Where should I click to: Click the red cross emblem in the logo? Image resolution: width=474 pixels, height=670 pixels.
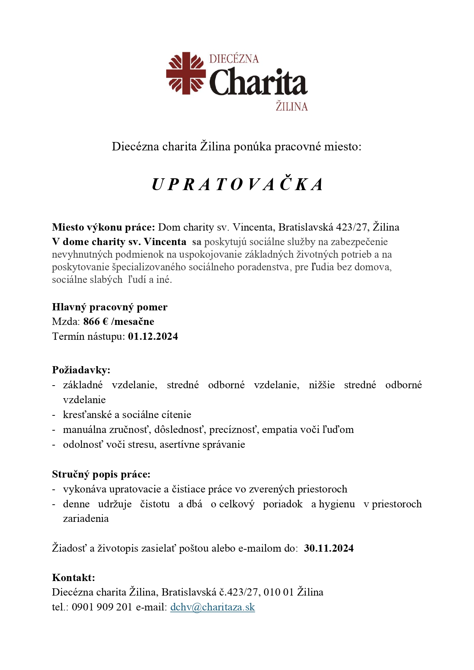click(x=186, y=73)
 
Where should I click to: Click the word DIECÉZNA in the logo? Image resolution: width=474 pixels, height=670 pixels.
click(x=234, y=59)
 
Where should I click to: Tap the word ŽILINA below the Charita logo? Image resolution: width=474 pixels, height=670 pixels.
click(x=291, y=106)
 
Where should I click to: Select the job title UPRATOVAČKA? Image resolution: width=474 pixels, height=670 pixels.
click(x=237, y=184)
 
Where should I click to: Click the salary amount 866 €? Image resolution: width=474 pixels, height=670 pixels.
click(x=96, y=321)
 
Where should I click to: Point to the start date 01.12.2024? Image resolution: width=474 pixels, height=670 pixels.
click(x=153, y=336)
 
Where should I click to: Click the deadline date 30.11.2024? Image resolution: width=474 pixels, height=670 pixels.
click(x=328, y=548)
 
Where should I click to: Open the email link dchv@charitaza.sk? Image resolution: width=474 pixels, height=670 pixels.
click(x=212, y=607)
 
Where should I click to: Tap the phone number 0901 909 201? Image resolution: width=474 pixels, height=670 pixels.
click(x=102, y=607)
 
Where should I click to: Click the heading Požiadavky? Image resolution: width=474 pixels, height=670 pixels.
click(x=81, y=370)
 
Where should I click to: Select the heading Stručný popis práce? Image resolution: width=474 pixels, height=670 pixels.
click(x=101, y=474)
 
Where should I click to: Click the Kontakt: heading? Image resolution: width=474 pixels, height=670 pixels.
click(x=73, y=577)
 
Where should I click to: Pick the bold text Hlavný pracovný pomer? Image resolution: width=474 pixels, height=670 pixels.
click(x=110, y=307)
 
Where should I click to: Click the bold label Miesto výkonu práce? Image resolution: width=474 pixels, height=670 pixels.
click(x=104, y=227)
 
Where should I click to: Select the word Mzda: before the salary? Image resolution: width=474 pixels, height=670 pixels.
click(x=66, y=321)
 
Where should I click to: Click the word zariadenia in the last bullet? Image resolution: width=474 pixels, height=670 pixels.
click(x=86, y=518)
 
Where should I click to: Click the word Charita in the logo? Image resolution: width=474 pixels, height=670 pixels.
click(x=258, y=82)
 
